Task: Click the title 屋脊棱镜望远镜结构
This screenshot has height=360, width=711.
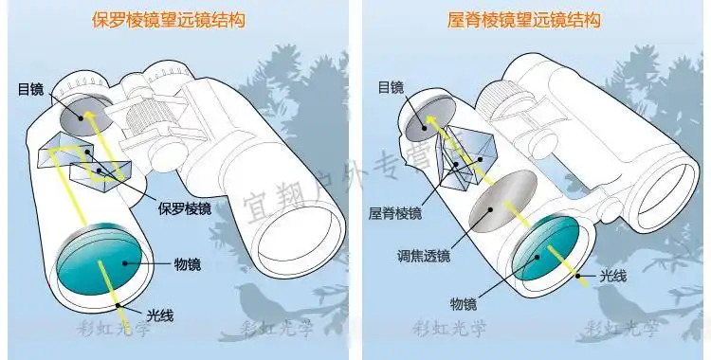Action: click(524, 18)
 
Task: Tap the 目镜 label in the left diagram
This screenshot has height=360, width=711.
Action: click(30, 90)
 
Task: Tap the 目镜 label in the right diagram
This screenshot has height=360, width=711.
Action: click(391, 87)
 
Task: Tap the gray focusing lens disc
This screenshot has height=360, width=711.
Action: click(501, 200)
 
